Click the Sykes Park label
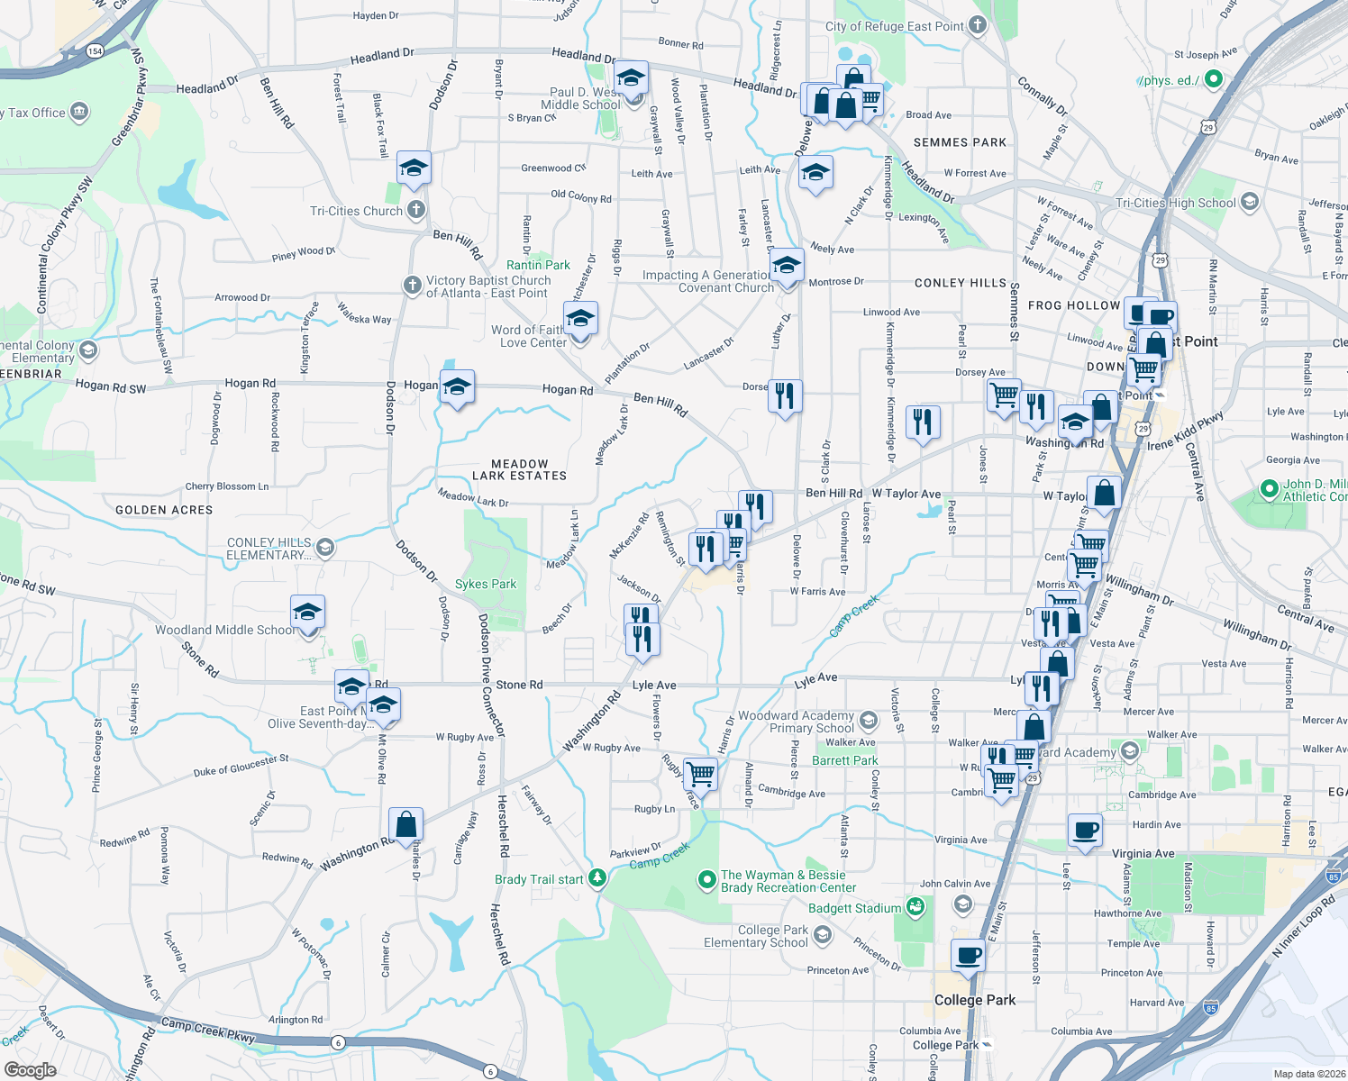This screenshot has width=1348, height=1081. point(486,584)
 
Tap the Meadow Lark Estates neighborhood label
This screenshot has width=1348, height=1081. point(520,469)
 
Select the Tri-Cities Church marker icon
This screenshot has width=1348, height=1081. point(415,211)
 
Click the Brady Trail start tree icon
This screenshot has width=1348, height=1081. point(597,878)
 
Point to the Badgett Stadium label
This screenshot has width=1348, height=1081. point(854,908)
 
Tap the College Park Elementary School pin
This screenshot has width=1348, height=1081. point(822,936)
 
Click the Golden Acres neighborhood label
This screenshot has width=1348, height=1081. point(164,510)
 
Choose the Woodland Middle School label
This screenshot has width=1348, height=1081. point(225,630)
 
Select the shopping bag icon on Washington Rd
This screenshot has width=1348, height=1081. point(406,823)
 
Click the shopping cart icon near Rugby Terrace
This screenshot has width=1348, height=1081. point(700,773)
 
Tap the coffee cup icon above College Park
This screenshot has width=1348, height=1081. point(969,955)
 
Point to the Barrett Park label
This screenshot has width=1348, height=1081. point(844,760)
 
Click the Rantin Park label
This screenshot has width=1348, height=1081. point(538,265)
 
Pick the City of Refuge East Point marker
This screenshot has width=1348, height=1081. point(978,25)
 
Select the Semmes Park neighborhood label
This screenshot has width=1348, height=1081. point(960,142)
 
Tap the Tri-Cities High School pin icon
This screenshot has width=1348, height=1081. point(1249,202)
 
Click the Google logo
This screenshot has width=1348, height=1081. point(30,1069)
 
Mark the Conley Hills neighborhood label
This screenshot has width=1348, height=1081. point(960,283)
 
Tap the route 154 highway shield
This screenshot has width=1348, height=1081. point(95,51)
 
